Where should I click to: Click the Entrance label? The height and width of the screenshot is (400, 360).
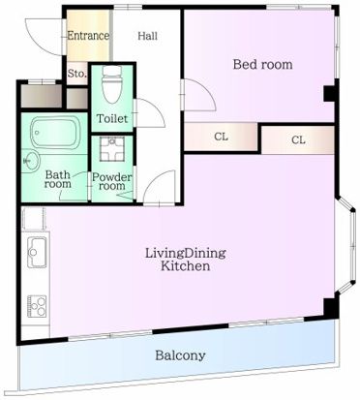(87, 36)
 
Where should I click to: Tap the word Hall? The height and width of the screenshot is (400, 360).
(148, 36)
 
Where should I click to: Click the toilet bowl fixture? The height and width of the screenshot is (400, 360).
(111, 85)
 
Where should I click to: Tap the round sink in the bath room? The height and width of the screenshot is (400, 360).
(29, 159)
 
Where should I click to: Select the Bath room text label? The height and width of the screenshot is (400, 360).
(58, 179)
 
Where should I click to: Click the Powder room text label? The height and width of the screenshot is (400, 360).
(111, 181)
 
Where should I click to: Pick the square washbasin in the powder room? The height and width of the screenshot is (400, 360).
(112, 150)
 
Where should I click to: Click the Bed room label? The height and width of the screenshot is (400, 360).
(261, 65)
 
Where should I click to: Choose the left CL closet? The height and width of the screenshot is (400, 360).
(221, 136)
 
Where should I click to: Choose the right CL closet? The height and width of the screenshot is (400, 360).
(298, 140)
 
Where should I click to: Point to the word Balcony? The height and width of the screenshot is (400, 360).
(180, 355)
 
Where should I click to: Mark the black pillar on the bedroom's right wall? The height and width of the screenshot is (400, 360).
(329, 93)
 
